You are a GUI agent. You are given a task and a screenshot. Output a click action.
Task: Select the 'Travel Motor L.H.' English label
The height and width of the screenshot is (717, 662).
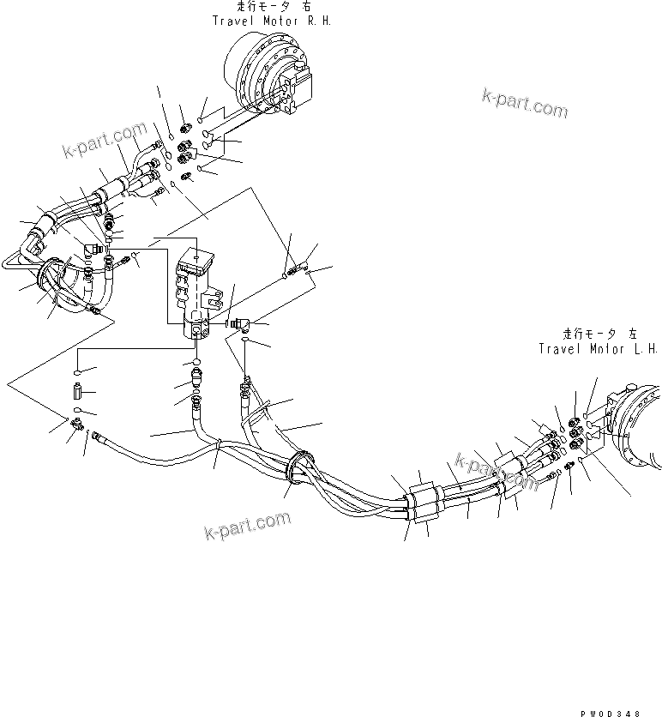click(597, 348)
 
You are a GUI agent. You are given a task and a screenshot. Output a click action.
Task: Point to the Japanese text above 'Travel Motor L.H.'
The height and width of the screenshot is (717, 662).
click(597, 334)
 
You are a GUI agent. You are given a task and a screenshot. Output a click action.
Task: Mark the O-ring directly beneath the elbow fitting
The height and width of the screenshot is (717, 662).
click(246, 341)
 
